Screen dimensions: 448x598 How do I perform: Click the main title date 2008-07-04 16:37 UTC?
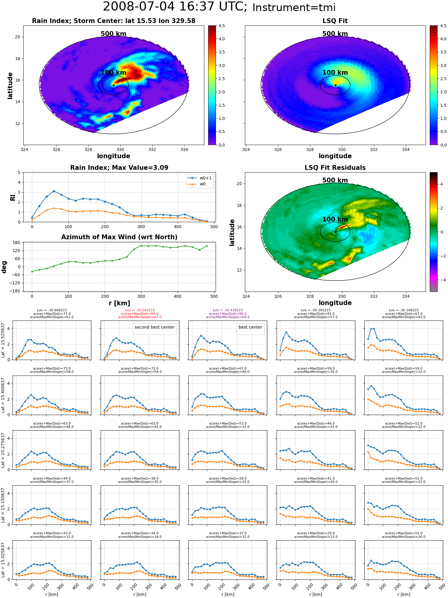click(175, 7)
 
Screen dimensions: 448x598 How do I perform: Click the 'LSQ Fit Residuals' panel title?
click(335, 168)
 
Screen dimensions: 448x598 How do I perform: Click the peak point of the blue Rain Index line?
click(54, 191)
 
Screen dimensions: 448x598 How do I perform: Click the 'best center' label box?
click(250, 327)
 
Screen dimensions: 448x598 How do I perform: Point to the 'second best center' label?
click(154, 327)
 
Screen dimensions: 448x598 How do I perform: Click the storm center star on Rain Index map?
click(113, 85)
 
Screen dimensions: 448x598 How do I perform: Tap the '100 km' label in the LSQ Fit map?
click(335, 72)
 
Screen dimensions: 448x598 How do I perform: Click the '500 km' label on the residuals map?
click(335, 180)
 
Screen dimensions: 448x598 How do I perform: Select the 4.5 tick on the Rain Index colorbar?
click(439, 26)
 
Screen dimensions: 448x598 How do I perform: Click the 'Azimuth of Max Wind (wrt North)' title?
click(119, 237)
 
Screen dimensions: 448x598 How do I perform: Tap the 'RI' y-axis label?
click(13, 197)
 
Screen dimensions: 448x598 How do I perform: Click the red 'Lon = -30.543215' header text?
click(140, 310)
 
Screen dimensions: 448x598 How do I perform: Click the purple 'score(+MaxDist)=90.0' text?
click(228, 314)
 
